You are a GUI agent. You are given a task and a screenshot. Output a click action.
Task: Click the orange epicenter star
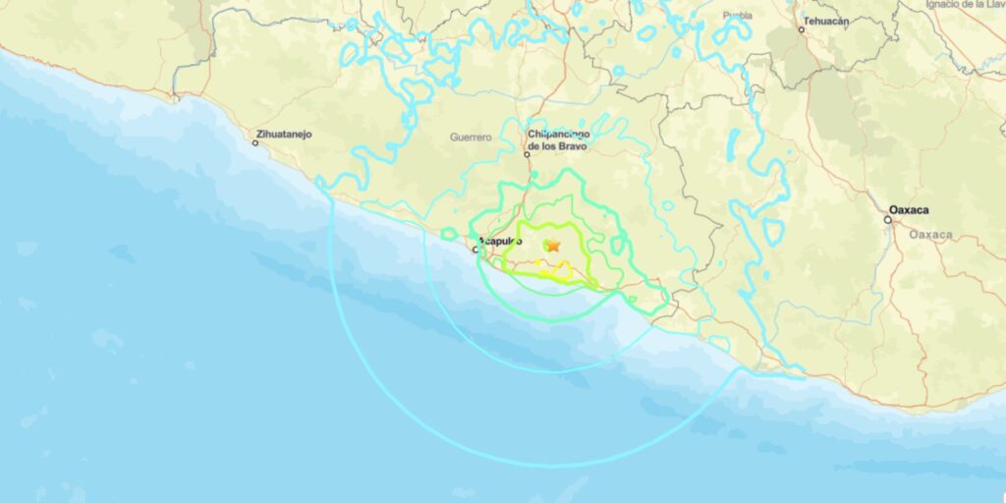pyautogui.click(x=553, y=245)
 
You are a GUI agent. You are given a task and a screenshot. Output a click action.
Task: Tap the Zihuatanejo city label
pyautogui.click(x=284, y=133)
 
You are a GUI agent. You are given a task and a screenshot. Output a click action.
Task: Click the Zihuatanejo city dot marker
pyautogui.click(x=255, y=143)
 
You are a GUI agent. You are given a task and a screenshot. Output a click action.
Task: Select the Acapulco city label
pyautogui.click(x=497, y=241)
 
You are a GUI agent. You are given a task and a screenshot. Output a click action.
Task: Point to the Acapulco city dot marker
pyautogui.click(x=476, y=250)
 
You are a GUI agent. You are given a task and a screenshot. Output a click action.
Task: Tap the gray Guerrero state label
pyautogui.click(x=470, y=137)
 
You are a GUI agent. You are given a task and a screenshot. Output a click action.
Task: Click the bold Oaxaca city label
pyautogui.click(x=909, y=210)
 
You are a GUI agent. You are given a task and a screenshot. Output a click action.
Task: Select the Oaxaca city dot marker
pyautogui.click(x=887, y=220)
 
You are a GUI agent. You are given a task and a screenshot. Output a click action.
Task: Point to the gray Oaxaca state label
pyautogui.click(x=929, y=235)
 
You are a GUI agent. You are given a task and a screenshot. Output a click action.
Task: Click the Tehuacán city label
pyautogui.click(x=825, y=20)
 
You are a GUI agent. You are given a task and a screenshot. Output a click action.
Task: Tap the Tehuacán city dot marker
pyautogui.click(x=802, y=29)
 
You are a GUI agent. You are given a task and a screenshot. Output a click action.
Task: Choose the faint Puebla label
pyautogui.click(x=737, y=16)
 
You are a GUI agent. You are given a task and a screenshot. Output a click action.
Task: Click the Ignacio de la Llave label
pyautogui.click(x=965, y=5)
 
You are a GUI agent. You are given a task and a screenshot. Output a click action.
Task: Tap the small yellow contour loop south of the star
pyautogui.click(x=561, y=268)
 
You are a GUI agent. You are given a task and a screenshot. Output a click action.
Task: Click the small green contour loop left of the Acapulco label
pyautogui.click(x=449, y=234)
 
